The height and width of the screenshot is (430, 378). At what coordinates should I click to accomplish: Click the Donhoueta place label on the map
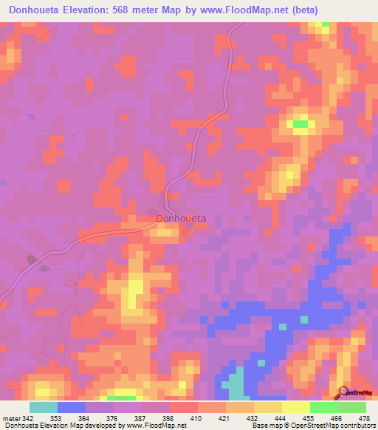click(x=181, y=219)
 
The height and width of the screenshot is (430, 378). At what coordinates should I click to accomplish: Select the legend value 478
click(x=363, y=419)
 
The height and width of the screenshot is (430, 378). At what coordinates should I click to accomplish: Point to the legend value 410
click(x=196, y=419)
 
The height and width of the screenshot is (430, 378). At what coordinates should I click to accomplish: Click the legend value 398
click(x=168, y=419)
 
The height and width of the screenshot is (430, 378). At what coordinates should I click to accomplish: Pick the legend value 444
click(x=281, y=419)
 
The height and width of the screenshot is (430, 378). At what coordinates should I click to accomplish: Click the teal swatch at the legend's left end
click(x=43, y=407)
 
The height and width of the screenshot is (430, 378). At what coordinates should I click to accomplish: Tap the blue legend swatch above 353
click(x=71, y=407)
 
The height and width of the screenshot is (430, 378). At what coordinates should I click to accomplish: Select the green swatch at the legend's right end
click(x=351, y=407)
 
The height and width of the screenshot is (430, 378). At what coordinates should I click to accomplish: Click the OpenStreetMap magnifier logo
click(x=343, y=392)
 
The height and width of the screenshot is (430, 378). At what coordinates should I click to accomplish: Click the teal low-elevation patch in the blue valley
click(x=235, y=383)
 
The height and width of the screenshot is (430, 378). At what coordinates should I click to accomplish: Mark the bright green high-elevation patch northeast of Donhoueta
click(x=300, y=124)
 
